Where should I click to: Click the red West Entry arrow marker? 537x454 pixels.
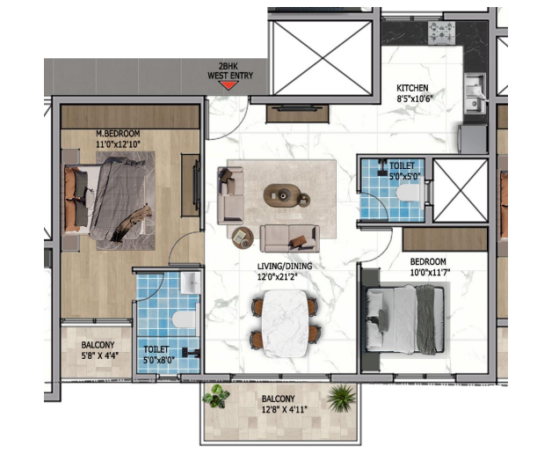[229, 85]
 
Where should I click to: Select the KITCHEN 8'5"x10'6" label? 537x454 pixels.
[414, 93]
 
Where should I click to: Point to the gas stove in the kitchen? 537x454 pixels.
[441, 33]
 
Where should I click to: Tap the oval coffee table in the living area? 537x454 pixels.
[282, 195]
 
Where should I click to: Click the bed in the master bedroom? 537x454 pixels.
[109, 199]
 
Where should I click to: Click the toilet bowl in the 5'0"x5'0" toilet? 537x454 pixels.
[409, 193]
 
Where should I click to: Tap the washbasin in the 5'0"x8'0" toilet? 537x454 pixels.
[190, 283]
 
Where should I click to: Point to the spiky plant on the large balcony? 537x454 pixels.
[341, 398]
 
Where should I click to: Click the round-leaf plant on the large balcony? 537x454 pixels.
[216, 397]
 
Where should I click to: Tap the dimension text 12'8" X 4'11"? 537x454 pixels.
[285, 409]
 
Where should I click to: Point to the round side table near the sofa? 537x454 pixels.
[243, 238]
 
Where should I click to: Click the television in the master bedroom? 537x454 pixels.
[197, 185]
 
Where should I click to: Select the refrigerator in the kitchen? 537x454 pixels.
[473, 139]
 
